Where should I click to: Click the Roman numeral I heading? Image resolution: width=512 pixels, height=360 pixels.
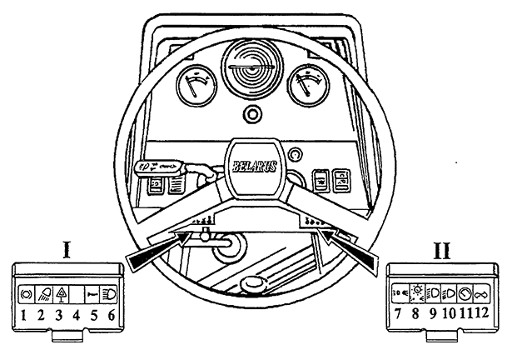tap(70, 249)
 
